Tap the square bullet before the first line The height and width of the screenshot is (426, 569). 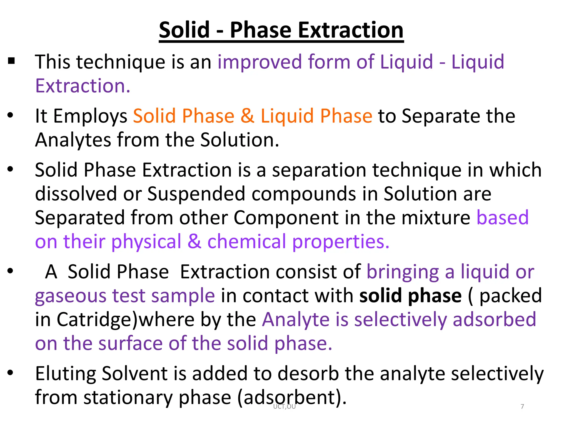(11, 60)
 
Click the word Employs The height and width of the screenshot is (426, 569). (90, 116)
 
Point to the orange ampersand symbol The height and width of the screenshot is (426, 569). (247, 116)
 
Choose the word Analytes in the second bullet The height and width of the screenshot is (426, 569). (73, 140)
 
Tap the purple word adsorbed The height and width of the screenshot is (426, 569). (494, 319)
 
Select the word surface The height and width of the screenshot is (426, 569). (130, 344)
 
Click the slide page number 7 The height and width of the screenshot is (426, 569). (522, 406)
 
